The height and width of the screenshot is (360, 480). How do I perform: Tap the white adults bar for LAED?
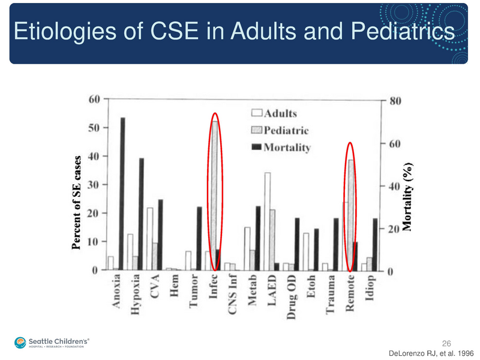click(267, 221)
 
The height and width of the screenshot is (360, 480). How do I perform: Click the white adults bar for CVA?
click(149, 239)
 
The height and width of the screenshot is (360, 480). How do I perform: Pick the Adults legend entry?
click(274, 113)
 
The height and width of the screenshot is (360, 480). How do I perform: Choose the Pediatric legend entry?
click(280, 130)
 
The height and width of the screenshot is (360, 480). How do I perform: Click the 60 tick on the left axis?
click(95, 100)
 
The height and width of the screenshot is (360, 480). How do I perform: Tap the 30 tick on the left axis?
click(95, 185)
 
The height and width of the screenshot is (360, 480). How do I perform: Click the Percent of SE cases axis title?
click(77, 203)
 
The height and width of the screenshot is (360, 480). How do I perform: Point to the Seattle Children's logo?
click(52, 343)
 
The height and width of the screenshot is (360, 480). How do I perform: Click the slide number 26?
click(446, 343)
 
